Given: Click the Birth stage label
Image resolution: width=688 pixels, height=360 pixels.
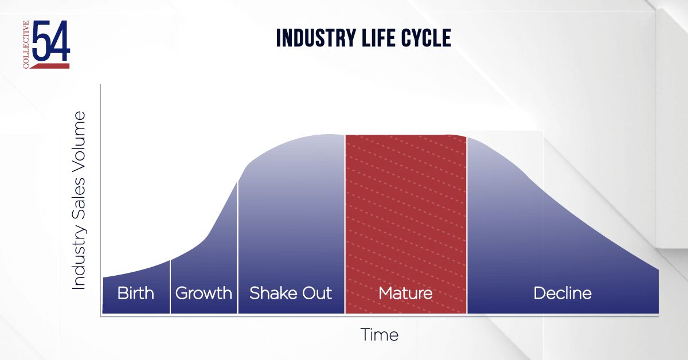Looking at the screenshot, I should tap(136, 294).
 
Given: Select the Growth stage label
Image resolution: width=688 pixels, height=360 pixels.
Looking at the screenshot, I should tap(204, 294).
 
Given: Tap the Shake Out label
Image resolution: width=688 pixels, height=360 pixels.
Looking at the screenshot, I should tap(290, 294).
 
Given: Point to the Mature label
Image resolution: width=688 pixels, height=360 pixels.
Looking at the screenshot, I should tap(405, 294).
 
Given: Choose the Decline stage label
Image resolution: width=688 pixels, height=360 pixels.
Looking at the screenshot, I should tap(562, 294).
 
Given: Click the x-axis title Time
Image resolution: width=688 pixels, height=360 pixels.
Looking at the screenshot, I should tap(379, 335).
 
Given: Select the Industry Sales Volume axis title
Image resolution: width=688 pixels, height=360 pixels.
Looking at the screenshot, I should tap(79, 200).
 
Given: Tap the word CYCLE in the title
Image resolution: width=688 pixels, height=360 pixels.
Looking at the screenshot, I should tap(425, 38).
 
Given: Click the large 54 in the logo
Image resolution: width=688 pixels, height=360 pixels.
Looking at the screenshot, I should tap(50, 41).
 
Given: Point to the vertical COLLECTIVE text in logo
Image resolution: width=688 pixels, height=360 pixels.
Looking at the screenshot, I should tap(26, 45).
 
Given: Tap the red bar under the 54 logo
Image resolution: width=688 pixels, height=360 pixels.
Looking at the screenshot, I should tap(50, 66).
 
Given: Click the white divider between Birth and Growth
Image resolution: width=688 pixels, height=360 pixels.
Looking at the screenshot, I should tap(170, 287).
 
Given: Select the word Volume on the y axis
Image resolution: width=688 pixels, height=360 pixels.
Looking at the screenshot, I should tap(79, 143).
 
